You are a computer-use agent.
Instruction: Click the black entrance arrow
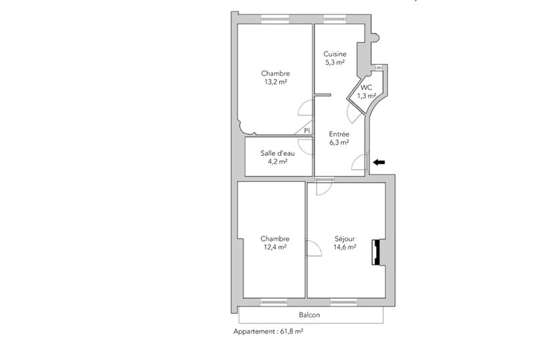(x=379, y=162)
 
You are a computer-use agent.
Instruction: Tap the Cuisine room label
(x=335, y=54)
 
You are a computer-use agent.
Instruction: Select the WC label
(x=366, y=88)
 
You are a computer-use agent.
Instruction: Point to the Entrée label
(x=339, y=134)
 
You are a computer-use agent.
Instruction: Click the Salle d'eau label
(x=278, y=153)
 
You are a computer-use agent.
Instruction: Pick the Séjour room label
(x=345, y=239)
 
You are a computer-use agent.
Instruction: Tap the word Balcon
(x=309, y=314)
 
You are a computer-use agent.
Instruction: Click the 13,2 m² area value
(x=276, y=82)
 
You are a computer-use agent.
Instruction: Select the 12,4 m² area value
(x=275, y=248)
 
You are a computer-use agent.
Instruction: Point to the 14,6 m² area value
(x=345, y=248)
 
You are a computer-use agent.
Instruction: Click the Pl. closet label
(x=308, y=130)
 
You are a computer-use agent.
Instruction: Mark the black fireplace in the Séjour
(x=376, y=252)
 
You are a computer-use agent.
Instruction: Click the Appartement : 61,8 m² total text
(x=268, y=331)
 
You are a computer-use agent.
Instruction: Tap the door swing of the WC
(x=355, y=113)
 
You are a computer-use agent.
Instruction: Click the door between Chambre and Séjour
(x=314, y=248)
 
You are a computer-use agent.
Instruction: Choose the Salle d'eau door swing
(x=305, y=147)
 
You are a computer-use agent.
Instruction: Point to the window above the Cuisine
(x=335, y=19)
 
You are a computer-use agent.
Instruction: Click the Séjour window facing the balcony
(x=343, y=302)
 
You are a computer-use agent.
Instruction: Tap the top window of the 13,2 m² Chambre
(x=275, y=19)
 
